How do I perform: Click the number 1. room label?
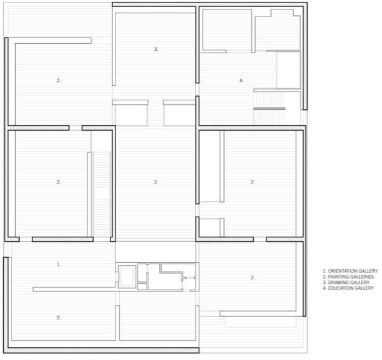click(59, 264)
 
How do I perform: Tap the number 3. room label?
click(156, 49)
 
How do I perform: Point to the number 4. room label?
click(241, 80)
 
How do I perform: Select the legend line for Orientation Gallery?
click(350, 271)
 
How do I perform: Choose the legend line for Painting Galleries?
click(348, 277)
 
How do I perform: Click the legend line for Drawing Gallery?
click(346, 283)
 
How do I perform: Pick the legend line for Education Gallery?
click(348, 288)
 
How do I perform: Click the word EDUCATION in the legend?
click(340, 288)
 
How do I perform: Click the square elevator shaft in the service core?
click(127, 277)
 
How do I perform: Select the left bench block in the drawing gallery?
click(130, 113)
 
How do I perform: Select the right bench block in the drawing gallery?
click(180, 113)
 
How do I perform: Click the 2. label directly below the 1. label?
click(59, 317)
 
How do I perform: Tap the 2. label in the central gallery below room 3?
click(156, 182)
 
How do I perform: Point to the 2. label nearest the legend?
click(253, 277)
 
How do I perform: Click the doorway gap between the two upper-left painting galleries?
click(76, 128)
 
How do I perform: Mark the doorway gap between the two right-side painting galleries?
click(260, 239)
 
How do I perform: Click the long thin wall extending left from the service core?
click(74, 290)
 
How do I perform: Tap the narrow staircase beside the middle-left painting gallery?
click(102, 194)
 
